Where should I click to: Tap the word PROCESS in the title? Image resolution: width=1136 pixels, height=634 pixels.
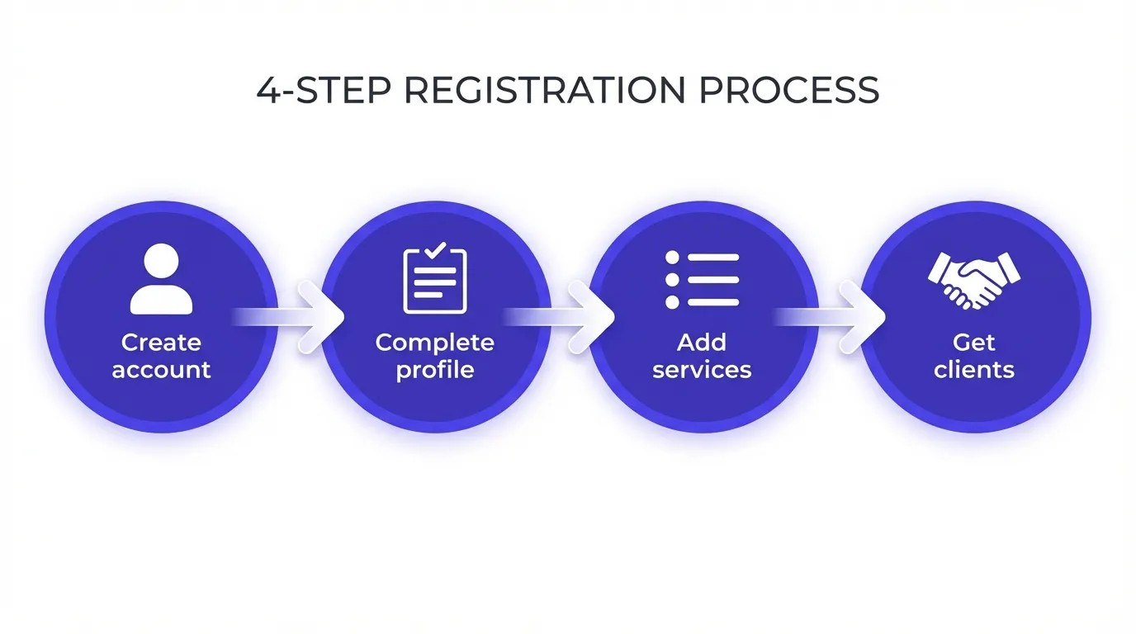point(788,90)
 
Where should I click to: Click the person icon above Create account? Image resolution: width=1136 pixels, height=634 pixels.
point(161,279)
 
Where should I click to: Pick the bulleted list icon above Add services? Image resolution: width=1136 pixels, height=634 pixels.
point(702,280)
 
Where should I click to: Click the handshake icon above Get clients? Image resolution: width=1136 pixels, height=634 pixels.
point(974,279)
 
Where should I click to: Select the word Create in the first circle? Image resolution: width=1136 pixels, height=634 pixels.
point(161,342)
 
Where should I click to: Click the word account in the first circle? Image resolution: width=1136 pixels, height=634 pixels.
point(161,369)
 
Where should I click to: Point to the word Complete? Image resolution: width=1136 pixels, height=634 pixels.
point(435,342)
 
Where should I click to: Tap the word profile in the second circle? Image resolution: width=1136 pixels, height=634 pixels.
point(435,369)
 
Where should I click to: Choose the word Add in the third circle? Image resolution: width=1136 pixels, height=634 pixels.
point(702,342)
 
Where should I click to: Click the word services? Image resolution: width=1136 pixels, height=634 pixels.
point(702,369)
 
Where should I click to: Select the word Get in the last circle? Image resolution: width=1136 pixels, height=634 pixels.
point(974,342)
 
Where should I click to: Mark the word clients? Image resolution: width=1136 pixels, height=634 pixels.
point(974,369)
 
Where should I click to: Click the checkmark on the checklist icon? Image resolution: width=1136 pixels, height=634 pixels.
point(436,248)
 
